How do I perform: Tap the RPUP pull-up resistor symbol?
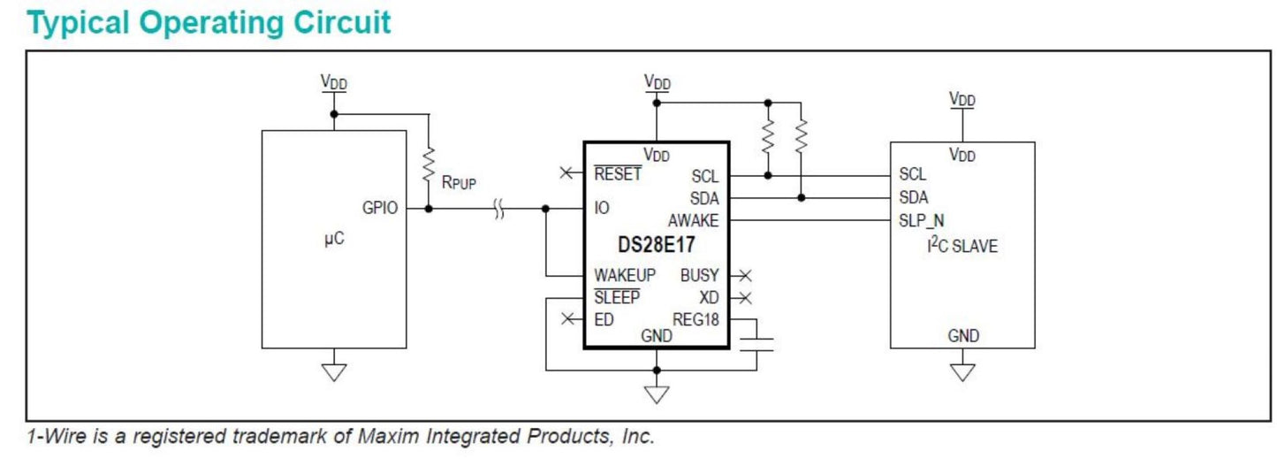pyautogui.click(x=429, y=163)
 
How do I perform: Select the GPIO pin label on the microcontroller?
pyautogui.click(x=380, y=209)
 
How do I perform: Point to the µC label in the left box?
pyautogui.click(x=334, y=241)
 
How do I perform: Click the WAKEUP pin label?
pyautogui.click(x=625, y=276)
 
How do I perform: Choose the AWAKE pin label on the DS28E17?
pyautogui.click(x=693, y=220)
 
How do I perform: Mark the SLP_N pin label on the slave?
pyautogui.click(x=922, y=220)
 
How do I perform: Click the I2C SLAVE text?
pyautogui.click(x=962, y=247)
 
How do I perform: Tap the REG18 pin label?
pyautogui.click(x=696, y=319)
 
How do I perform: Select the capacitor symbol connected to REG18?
pyautogui.click(x=756, y=344)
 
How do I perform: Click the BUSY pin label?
pyautogui.click(x=699, y=276)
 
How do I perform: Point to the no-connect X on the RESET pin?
pyautogui.click(x=566, y=173)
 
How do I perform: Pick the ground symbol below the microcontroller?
pyautogui.click(x=333, y=371)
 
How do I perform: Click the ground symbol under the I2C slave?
pyautogui.click(x=962, y=371)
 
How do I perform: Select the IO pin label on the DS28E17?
pyautogui.click(x=602, y=209)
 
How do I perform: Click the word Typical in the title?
pyautogui.click(x=76, y=22)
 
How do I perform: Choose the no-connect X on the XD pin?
pyautogui.click(x=744, y=298)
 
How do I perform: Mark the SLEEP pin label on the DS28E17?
pyautogui.click(x=617, y=298)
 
